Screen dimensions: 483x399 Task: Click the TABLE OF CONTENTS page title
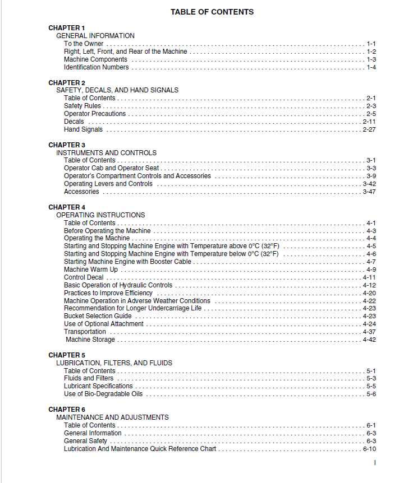point(212,12)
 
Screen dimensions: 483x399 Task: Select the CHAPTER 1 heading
point(67,27)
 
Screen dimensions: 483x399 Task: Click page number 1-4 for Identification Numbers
point(371,67)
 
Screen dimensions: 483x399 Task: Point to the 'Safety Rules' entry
point(82,106)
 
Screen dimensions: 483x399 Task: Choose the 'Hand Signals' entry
point(84,129)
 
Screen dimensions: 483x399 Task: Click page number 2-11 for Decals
point(369,122)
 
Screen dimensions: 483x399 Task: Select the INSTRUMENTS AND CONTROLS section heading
point(106,152)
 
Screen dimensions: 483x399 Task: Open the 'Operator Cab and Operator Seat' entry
point(112,168)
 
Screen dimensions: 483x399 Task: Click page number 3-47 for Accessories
point(369,192)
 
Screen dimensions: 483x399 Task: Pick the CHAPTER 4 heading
point(67,207)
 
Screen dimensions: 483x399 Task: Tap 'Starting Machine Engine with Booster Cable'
point(127,262)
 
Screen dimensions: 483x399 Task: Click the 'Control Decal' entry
point(84,277)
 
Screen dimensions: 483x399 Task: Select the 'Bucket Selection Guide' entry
point(98,316)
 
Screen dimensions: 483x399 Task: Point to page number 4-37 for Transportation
point(369,332)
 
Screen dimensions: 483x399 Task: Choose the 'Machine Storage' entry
point(90,340)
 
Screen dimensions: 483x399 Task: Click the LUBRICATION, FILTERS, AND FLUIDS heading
point(114,363)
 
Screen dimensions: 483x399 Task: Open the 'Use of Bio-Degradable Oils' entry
point(103,394)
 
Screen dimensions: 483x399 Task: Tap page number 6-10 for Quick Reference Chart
point(369,449)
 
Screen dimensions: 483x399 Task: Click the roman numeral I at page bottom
point(374,463)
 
